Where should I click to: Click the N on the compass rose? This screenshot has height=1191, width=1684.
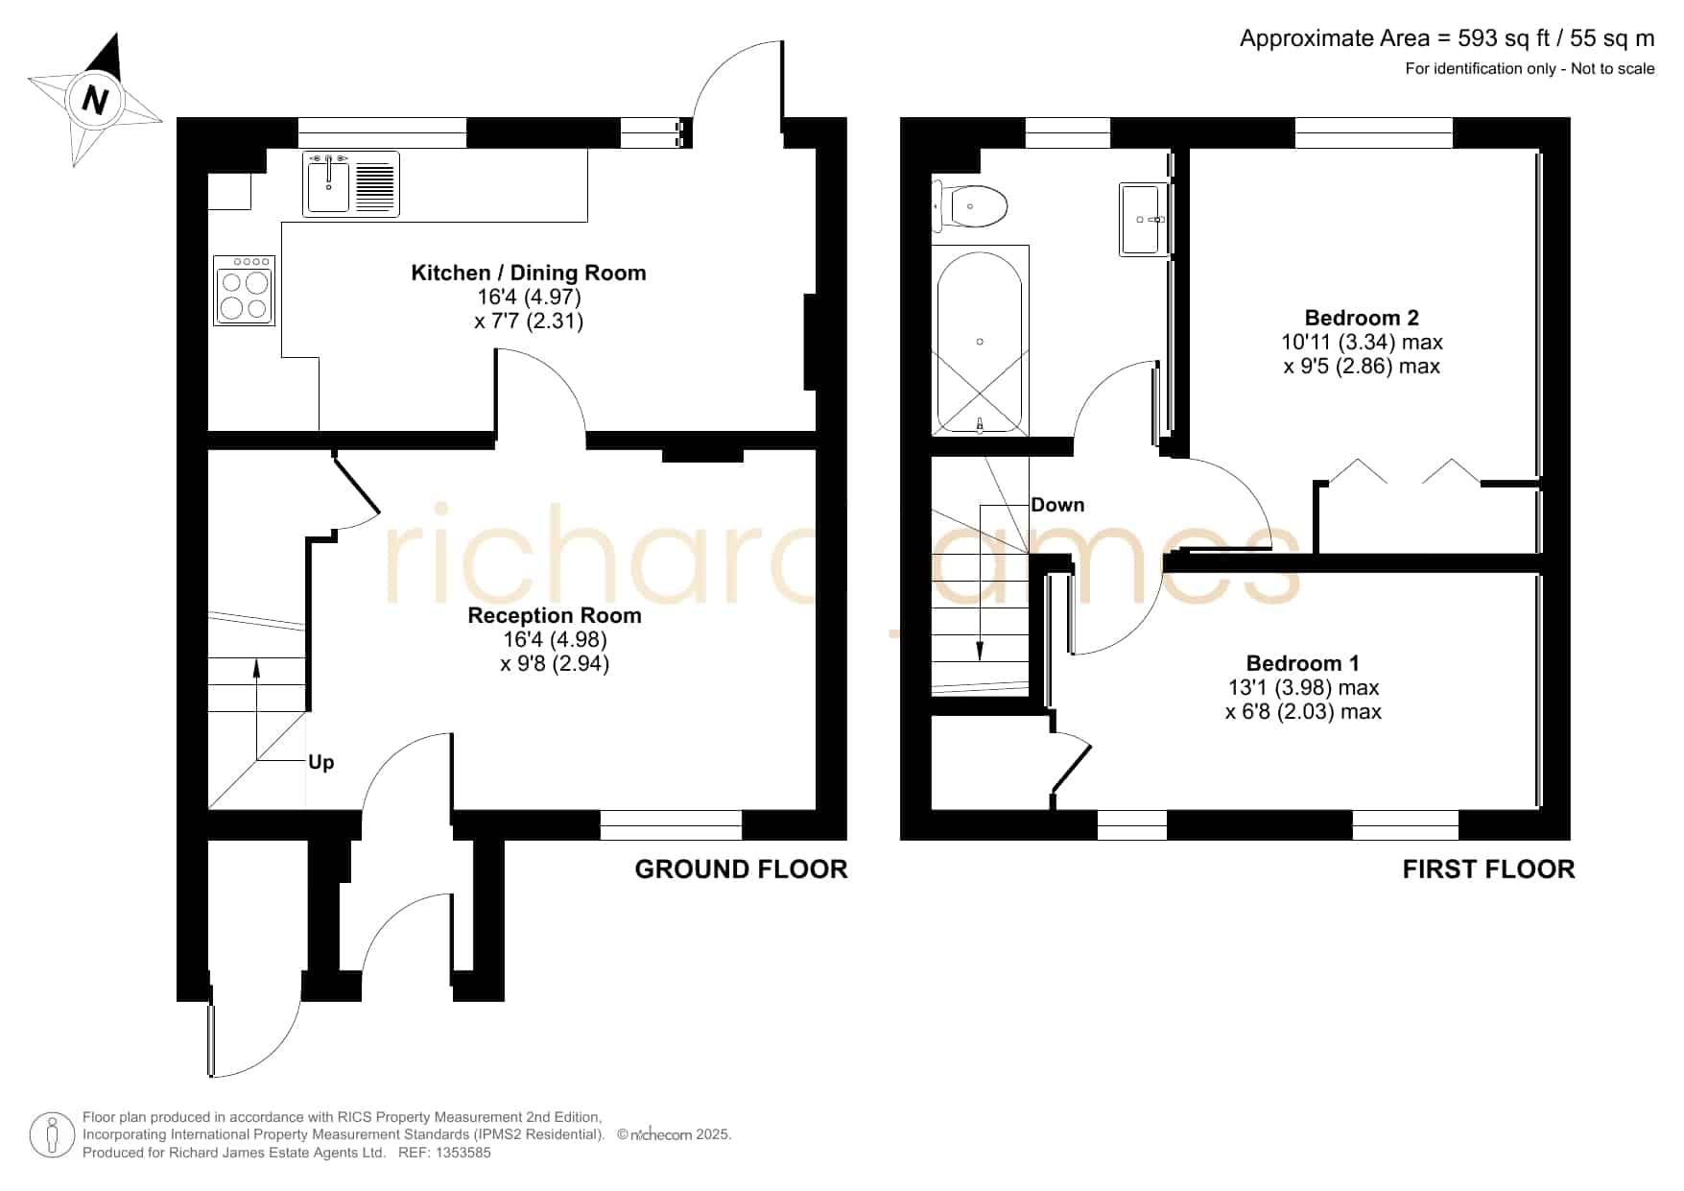94,100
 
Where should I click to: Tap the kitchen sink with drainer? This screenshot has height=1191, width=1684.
351,183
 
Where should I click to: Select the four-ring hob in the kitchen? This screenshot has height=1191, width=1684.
244,290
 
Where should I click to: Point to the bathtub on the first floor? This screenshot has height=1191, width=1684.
980,341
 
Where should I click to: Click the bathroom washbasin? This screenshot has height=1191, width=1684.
1144,219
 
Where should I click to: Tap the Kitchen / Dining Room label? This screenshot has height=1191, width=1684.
529,273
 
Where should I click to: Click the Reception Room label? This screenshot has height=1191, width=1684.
555,615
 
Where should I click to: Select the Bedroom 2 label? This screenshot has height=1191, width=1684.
1362,318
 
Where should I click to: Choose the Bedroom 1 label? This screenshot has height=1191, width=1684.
1302,663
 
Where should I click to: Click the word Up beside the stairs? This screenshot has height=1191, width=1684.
320,763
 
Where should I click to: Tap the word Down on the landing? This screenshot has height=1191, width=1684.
1057,505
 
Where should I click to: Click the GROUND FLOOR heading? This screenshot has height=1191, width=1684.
741,869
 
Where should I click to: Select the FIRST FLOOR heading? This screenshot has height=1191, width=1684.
1488,869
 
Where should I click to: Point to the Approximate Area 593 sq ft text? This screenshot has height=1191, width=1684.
1447,38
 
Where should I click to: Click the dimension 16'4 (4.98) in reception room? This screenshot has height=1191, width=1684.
555,639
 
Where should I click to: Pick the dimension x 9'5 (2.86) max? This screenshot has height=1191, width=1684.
1362,366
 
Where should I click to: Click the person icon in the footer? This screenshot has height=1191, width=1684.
52,1135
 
